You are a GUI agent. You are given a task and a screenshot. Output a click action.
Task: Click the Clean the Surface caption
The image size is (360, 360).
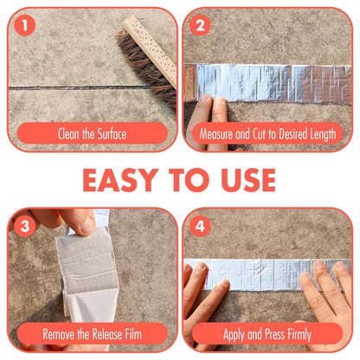92,134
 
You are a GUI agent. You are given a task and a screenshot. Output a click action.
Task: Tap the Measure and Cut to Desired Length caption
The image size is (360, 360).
267,134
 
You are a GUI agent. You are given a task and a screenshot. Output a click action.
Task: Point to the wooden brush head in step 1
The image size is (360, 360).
156,39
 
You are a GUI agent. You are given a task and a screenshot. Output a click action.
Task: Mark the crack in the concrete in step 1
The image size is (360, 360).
61,87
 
